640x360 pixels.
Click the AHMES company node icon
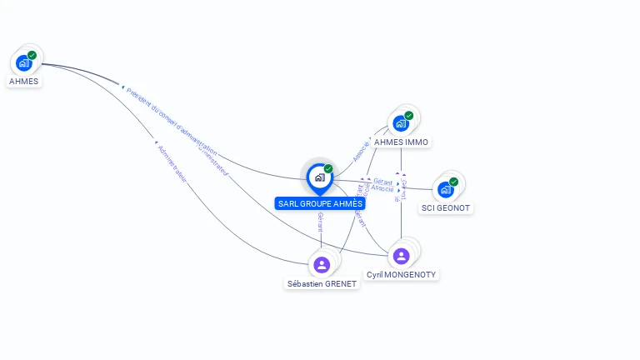pos(23,62)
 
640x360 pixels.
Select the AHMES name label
pos(23,82)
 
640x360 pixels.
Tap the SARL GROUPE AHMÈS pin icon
pos(319,177)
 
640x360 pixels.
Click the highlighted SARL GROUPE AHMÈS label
pos(320,203)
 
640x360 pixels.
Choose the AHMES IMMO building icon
pos(401,123)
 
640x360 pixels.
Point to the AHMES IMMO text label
pos(401,142)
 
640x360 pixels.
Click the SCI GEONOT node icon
pos(446,189)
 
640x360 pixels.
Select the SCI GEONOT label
pos(446,207)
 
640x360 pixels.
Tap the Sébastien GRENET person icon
pos(322,265)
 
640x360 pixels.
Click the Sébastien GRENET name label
pos(322,283)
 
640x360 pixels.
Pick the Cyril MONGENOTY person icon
pos(401,256)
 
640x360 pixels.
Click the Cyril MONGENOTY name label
pos(401,274)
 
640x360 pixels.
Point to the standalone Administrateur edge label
pos(172,162)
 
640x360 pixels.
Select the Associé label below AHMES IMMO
pos(360,151)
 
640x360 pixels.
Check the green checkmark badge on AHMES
pos(32,55)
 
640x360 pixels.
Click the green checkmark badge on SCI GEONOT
pos(453,182)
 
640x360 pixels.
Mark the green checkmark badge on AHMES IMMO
pos(408,116)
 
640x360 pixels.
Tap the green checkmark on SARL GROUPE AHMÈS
pos(328,168)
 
